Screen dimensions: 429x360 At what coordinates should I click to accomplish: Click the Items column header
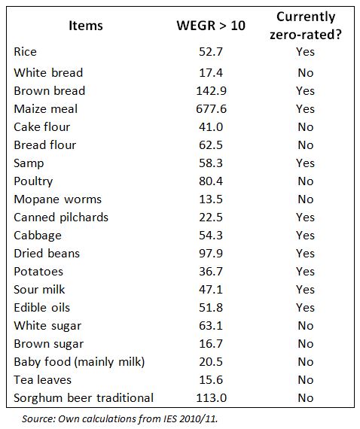point(85,26)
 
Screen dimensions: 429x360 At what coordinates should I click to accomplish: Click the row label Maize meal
point(45,108)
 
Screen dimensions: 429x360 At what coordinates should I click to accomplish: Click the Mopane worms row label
point(57,199)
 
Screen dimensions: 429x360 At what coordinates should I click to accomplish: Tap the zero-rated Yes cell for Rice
point(305,52)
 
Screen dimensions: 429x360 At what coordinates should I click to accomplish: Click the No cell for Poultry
point(305,181)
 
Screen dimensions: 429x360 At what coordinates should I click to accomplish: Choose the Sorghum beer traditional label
point(84,397)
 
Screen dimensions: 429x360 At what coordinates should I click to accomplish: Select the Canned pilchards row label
point(61,217)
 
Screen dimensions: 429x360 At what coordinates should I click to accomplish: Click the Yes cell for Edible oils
point(305,307)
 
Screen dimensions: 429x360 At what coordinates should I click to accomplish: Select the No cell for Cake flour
point(305,126)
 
